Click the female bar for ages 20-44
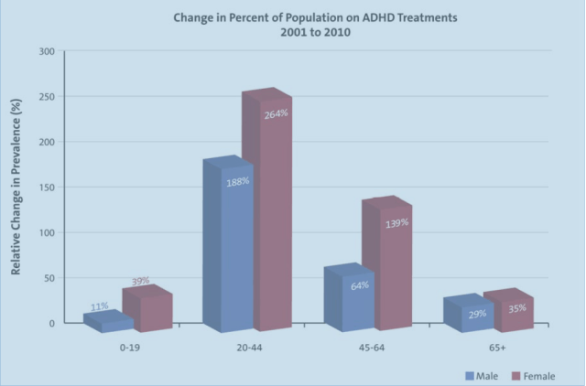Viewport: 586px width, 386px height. [266, 220]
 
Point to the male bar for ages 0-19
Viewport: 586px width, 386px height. [106, 322]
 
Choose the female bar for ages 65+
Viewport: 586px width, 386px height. [508, 314]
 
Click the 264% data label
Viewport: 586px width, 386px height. [276, 113]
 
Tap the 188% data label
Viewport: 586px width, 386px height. [237, 181]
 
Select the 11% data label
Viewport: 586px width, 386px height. [100, 306]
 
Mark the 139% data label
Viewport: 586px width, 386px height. [396, 222]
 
